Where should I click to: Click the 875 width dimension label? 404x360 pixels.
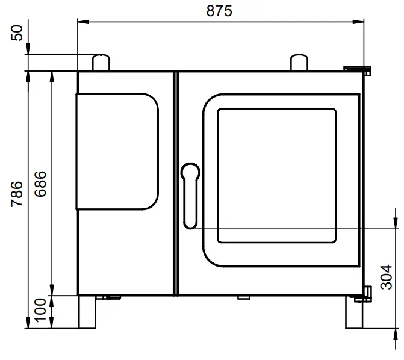tap(219, 11)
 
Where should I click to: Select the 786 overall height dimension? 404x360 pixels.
tap(17, 193)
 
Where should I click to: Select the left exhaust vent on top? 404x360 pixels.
tap(101, 62)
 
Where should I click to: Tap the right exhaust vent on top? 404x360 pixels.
tap(300, 62)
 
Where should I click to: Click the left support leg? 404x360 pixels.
tap(88, 312)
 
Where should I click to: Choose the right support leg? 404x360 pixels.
tap(355, 312)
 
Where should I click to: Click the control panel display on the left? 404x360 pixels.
tap(117, 152)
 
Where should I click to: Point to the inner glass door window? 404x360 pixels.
tap(276, 176)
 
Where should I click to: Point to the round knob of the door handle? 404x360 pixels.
tap(190, 171)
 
